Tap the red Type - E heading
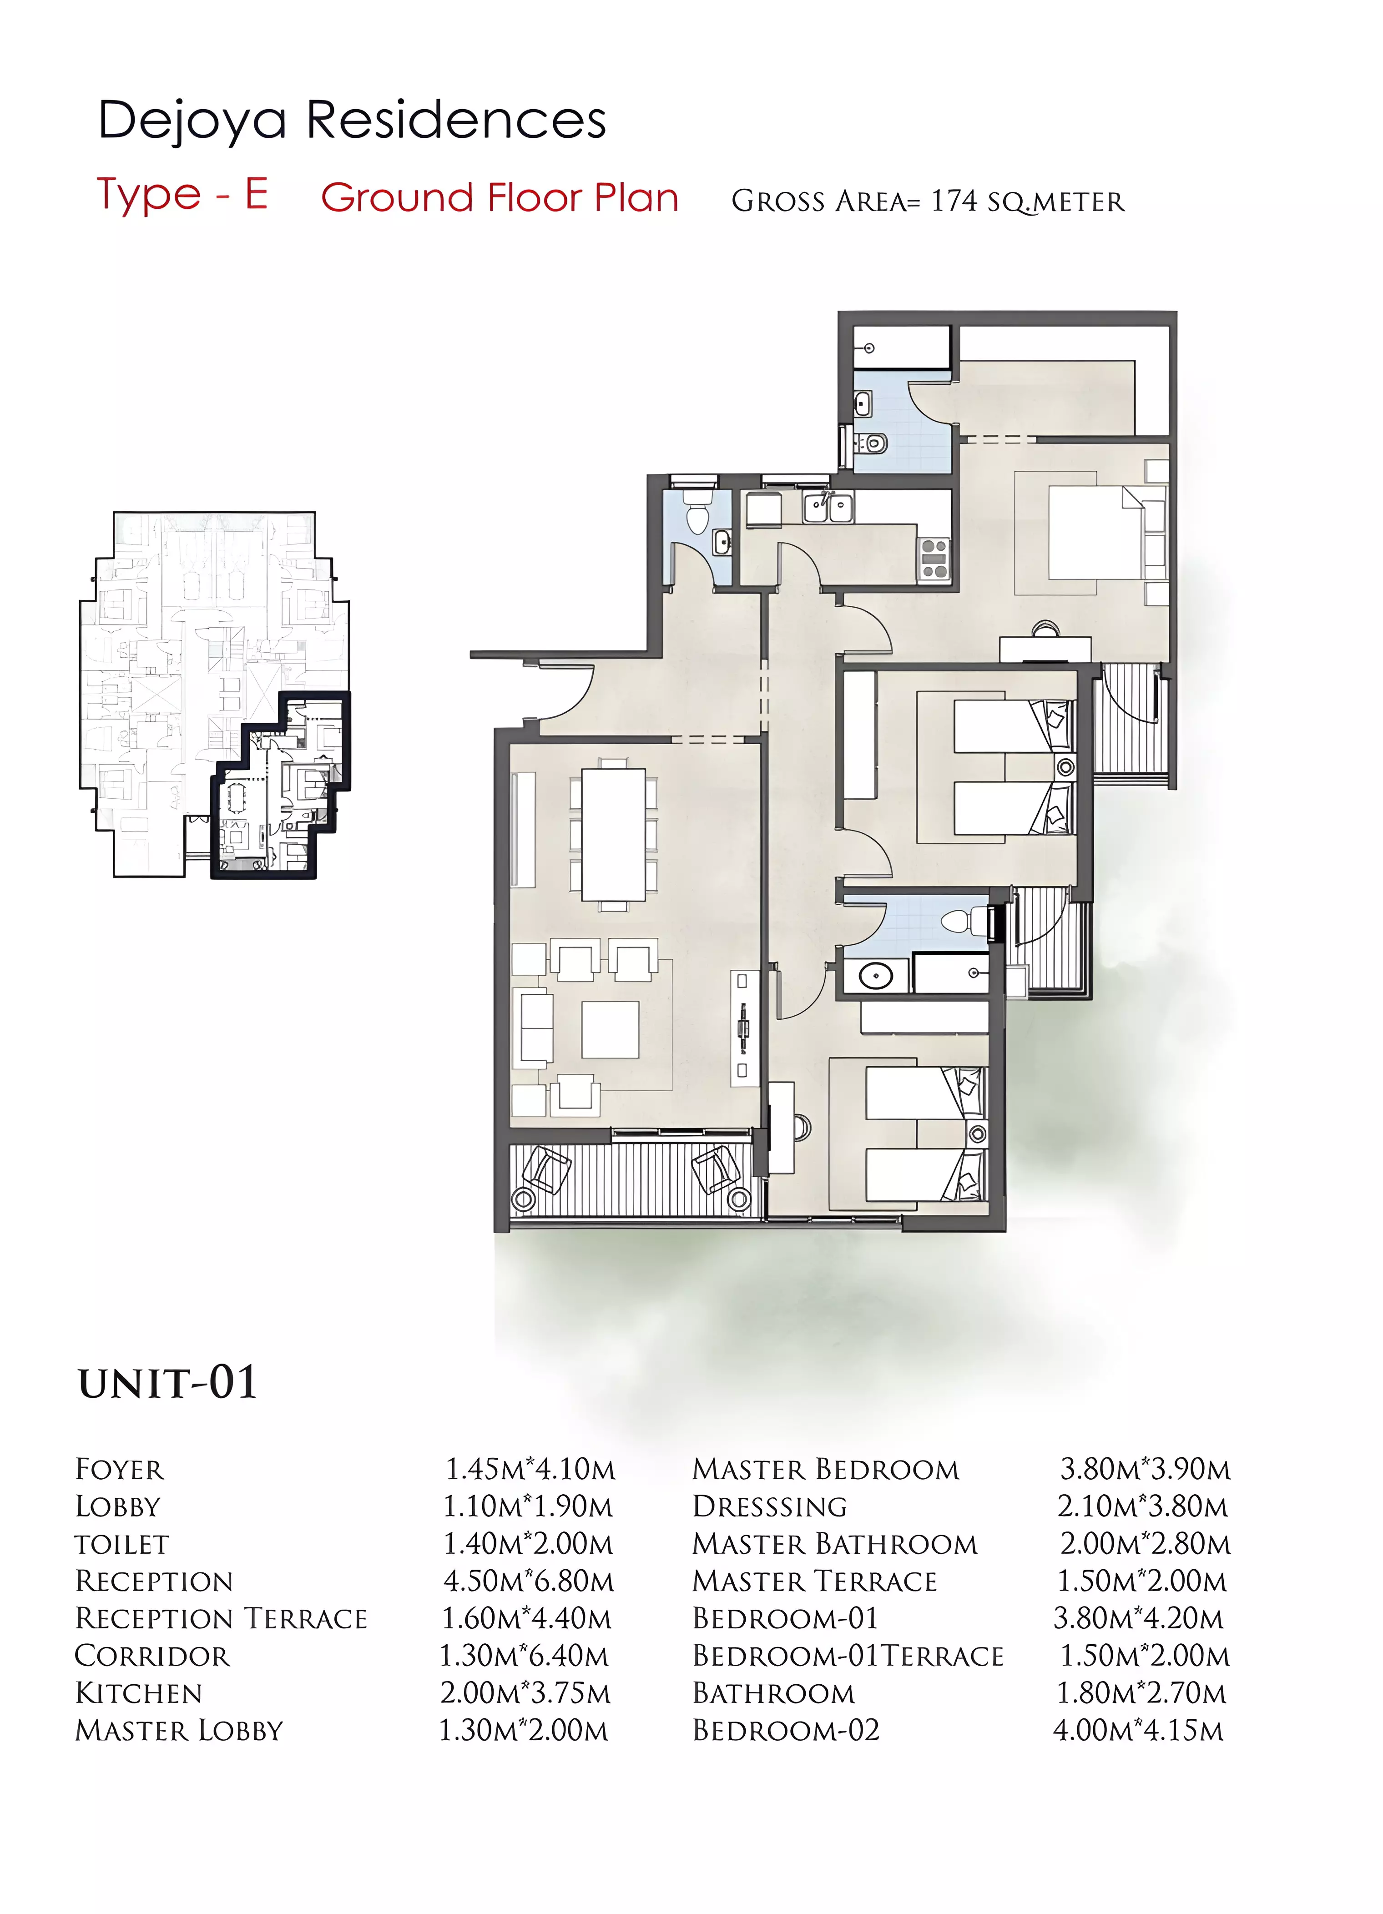coord(182,195)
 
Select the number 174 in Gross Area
coord(953,201)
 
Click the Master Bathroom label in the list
coord(834,1543)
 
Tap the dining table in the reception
coord(614,836)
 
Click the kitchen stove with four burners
coord(934,559)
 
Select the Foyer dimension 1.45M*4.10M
coord(530,1469)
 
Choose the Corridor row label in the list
coord(152,1656)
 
